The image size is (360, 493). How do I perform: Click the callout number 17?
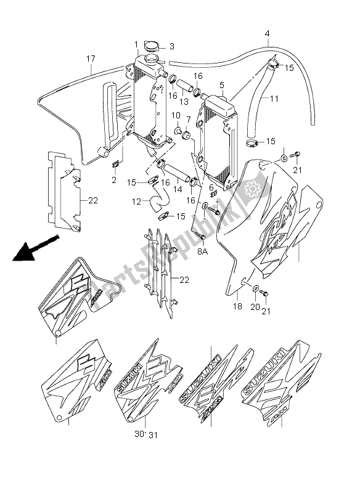pyautogui.click(x=91, y=59)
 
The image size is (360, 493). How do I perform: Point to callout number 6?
pyautogui.click(x=210, y=187)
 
